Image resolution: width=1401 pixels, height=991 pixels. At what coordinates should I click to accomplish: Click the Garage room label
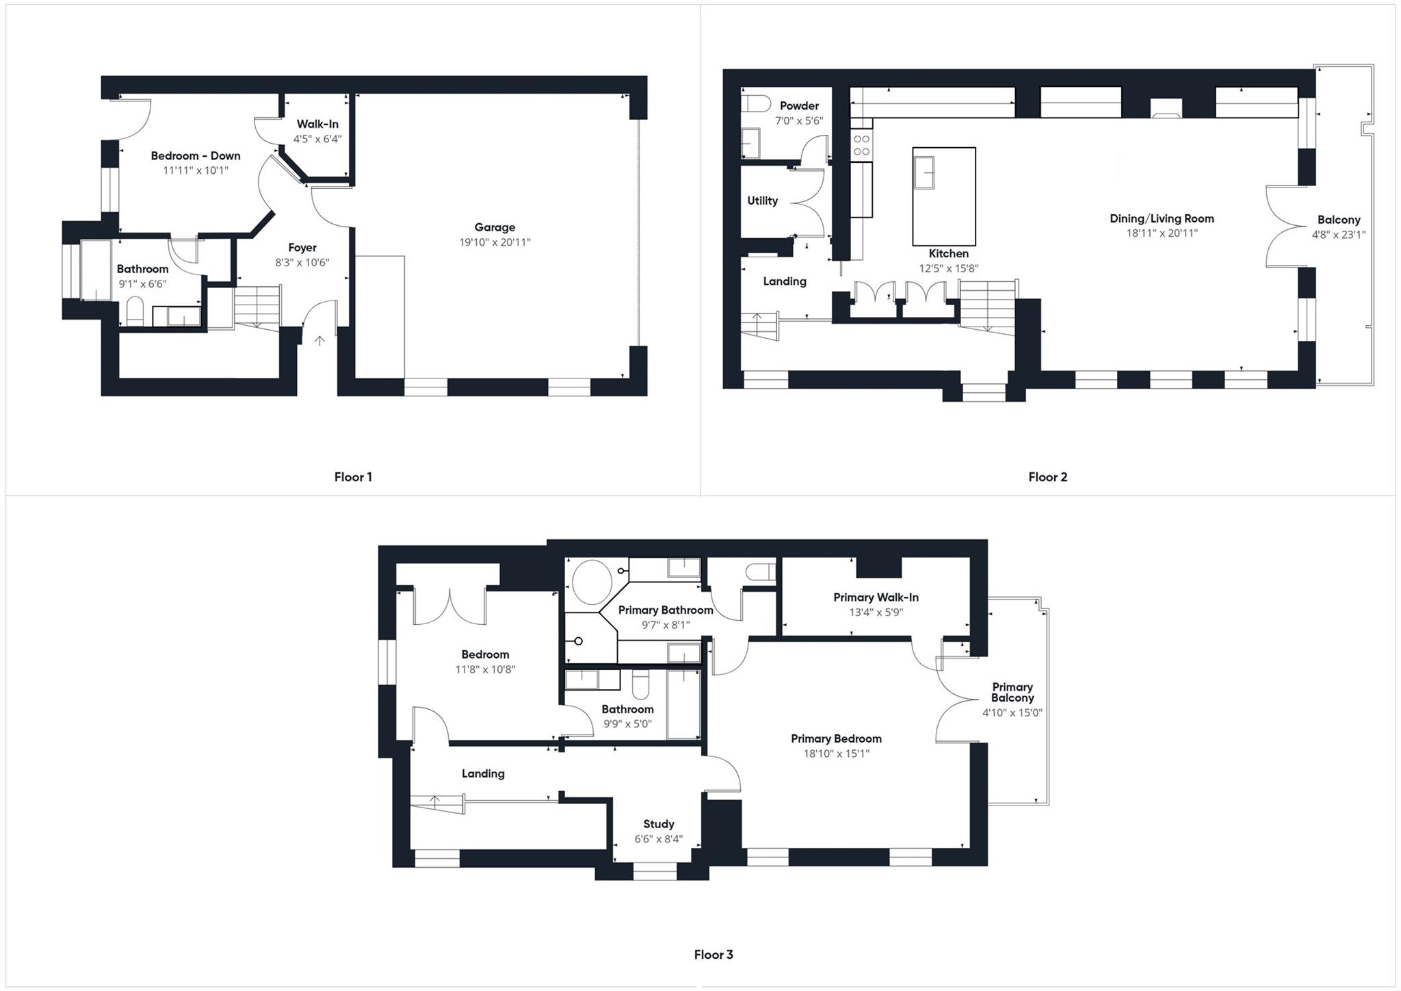(x=495, y=227)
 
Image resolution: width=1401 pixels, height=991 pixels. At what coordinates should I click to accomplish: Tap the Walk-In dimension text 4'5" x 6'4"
(x=317, y=139)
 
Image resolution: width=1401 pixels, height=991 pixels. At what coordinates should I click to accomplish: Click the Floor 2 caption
(x=1047, y=477)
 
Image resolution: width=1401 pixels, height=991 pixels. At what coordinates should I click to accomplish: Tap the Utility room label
(x=762, y=201)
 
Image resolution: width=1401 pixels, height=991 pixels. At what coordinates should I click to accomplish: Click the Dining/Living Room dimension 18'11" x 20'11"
(x=1162, y=233)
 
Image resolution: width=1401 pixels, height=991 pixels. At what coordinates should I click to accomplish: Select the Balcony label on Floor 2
(x=1339, y=220)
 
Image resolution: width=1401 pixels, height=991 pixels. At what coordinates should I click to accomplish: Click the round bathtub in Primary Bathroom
(x=592, y=582)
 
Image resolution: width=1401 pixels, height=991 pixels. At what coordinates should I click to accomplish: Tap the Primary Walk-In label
(x=876, y=597)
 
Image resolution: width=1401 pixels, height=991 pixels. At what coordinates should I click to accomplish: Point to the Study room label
(x=658, y=824)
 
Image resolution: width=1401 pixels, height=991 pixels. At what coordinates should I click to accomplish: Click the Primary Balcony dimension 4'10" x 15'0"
(x=1012, y=712)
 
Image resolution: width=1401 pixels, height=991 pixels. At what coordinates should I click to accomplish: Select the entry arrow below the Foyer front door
(x=319, y=340)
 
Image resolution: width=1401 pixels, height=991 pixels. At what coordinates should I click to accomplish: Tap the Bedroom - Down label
(x=196, y=156)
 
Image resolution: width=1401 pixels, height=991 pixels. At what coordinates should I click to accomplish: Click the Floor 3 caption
(x=713, y=954)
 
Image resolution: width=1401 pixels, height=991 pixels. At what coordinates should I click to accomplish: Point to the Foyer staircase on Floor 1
(x=258, y=306)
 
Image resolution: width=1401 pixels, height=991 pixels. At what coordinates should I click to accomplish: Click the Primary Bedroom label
(x=836, y=738)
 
